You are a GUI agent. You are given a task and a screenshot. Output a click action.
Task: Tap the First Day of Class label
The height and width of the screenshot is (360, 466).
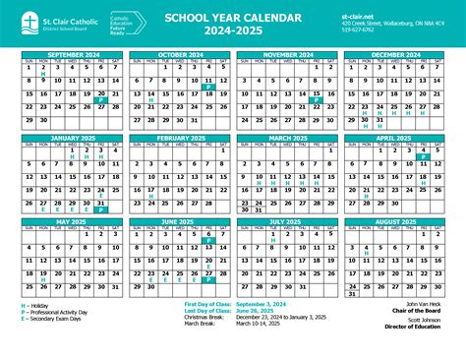[x=207, y=306]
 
